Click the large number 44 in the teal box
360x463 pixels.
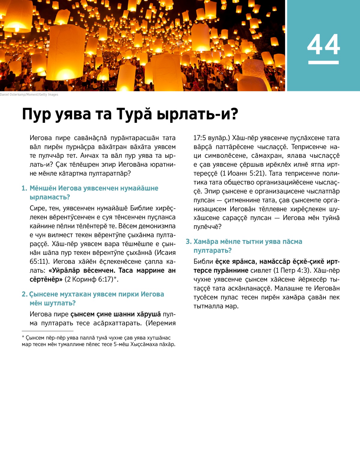pyautogui.click(x=323, y=45)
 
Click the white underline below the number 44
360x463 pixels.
pyautogui.click(x=323, y=62)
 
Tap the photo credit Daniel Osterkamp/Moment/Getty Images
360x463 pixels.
pyautogui.click(x=29, y=95)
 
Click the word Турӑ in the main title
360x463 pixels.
pyautogui.click(x=134, y=114)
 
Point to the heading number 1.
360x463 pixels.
pyautogui.click(x=24, y=188)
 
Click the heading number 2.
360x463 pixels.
pyautogui.click(x=24, y=294)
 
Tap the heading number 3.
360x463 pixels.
pyautogui.click(x=188, y=242)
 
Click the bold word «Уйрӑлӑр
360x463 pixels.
pyautogui.click(x=64, y=270)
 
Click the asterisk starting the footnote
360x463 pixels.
pyautogui.click(x=23, y=338)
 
